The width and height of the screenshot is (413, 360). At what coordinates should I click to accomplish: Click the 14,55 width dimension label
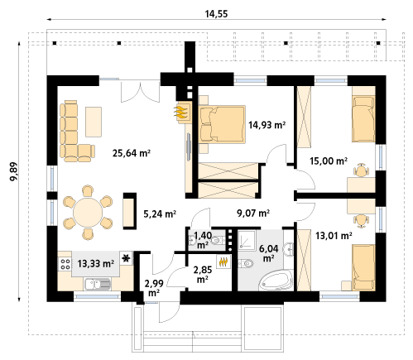pyautogui.click(x=216, y=14)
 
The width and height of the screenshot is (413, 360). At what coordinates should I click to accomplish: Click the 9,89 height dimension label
pyautogui.click(x=13, y=171)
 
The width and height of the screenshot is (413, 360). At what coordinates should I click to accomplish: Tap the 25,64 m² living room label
pyautogui.click(x=132, y=153)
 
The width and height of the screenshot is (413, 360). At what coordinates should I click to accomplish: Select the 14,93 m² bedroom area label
pyautogui.click(x=267, y=125)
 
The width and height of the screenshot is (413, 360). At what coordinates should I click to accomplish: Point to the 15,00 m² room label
pyautogui.click(x=329, y=161)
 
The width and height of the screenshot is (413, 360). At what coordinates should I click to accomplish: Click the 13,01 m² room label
pyautogui.click(x=334, y=236)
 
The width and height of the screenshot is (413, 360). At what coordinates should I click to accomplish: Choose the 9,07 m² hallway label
pyautogui.click(x=253, y=213)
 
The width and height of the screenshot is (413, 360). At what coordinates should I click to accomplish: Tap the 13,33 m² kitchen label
pyautogui.click(x=95, y=263)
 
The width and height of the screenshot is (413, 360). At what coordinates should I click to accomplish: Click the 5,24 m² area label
pyautogui.click(x=160, y=214)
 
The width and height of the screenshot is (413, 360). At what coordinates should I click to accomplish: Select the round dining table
pyautogui.click(x=88, y=212)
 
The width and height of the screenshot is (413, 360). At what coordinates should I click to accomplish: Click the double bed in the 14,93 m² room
pyautogui.click(x=222, y=124)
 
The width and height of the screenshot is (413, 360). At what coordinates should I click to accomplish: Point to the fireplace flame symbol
pyautogui.click(x=182, y=113)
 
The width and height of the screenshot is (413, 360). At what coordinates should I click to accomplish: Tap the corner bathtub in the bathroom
pyautogui.click(x=276, y=280)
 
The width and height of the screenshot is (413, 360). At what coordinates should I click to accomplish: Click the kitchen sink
pyautogui.click(x=97, y=285)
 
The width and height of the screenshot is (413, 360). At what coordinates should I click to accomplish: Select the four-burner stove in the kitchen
pyautogui.click(x=65, y=263)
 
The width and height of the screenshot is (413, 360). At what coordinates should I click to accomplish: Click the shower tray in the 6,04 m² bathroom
pyautogui.click(x=247, y=239)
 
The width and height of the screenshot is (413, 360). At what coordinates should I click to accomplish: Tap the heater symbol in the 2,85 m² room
pyautogui.click(x=224, y=262)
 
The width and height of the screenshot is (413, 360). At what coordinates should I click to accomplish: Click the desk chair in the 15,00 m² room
pyautogui.click(x=361, y=170)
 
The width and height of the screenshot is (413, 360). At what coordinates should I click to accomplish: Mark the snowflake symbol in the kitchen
pyautogui.click(x=126, y=258)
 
